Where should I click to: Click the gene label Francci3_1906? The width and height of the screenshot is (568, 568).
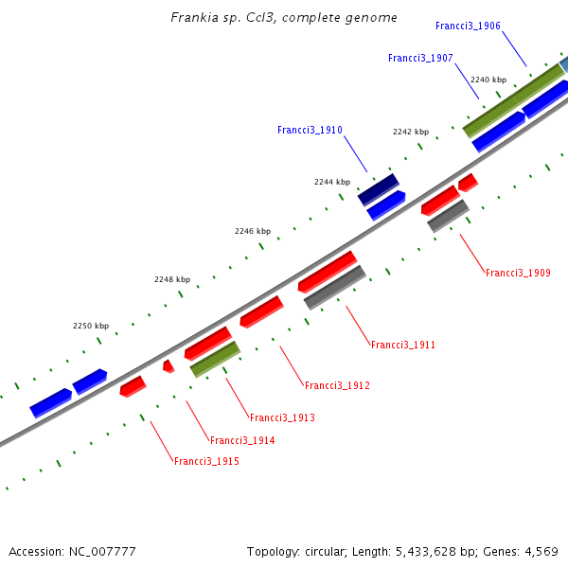coord(468,26)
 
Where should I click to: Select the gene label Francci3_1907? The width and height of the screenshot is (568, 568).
coord(420,59)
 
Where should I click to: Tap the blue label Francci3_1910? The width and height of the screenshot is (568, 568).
coord(310,130)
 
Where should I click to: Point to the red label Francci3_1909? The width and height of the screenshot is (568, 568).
coord(518,273)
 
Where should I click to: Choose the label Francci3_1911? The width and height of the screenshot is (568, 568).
coord(403,346)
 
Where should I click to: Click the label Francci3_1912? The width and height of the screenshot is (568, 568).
coord(337,385)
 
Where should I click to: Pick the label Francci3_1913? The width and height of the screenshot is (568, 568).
coord(282,417)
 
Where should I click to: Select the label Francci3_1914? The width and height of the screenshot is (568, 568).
coord(242,440)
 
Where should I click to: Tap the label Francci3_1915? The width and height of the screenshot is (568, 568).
coord(206,462)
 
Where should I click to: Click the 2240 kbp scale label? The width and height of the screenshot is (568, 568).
coord(488,80)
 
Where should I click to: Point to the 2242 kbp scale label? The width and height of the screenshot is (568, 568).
coord(411,132)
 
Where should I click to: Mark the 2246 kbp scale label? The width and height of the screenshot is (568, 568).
coord(253,231)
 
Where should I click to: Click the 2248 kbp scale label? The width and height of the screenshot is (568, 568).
coord(172,279)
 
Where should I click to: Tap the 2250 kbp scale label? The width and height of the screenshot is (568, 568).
coord(91,326)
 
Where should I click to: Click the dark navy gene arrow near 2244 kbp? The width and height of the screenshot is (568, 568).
coord(379,188)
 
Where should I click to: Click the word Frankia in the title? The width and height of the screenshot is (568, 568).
coord(194,18)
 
